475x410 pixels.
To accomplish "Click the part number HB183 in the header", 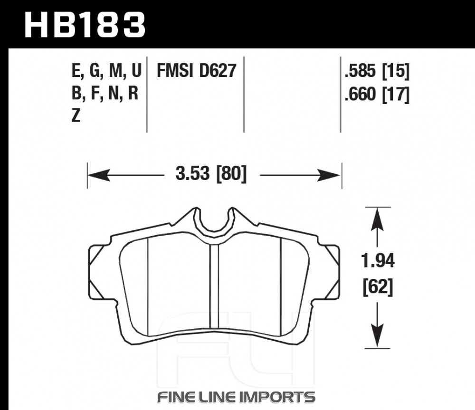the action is [x=85, y=25].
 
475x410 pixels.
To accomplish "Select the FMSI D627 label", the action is [x=196, y=71].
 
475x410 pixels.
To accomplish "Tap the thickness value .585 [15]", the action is [x=377, y=71].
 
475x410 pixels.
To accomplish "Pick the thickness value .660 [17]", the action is [x=377, y=94].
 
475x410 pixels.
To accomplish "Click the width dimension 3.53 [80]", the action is [x=211, y=173].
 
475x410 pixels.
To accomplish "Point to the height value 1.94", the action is [x=378, y=261].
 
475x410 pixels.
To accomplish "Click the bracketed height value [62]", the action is [x=378, y=286].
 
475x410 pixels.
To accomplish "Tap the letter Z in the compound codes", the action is [x=76, y=116].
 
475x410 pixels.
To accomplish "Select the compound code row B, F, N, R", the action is [x=105, y=93].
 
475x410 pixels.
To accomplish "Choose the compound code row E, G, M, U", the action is [x=106, y=71].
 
